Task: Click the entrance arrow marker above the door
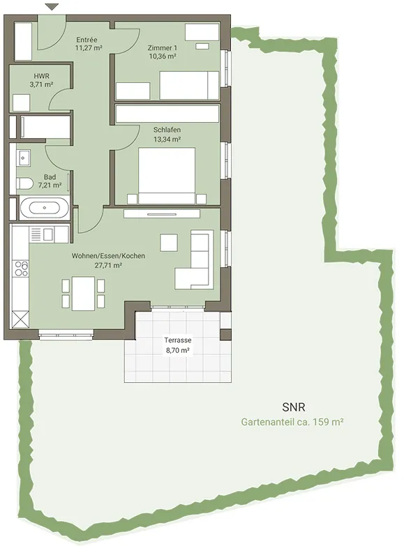52,6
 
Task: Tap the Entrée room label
87,40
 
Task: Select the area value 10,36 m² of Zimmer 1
163,56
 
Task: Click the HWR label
41,76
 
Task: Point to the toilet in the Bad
24,183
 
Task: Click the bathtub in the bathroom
44,208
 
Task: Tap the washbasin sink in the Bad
23,158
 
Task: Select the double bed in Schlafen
167,176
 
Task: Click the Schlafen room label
167,130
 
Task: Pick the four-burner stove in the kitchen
21,268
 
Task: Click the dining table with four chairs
83,293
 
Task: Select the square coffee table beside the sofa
169,243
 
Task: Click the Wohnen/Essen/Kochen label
108,256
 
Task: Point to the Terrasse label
178,340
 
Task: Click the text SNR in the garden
294,407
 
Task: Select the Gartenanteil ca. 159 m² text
292,422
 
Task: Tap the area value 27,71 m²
108,266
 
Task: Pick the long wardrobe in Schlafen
167,114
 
